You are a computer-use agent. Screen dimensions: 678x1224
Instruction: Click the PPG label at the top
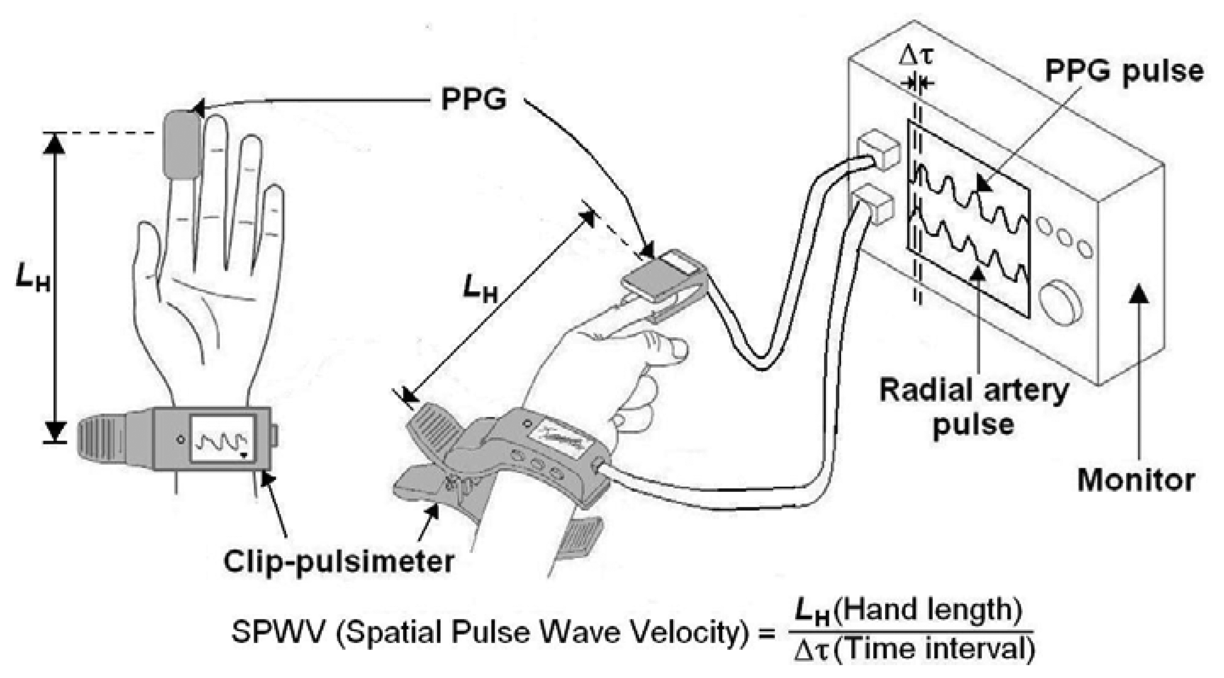pyautogui.click(x=473, y=99)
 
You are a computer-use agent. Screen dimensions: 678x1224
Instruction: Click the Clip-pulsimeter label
pyautogui.click(x=339, y=562)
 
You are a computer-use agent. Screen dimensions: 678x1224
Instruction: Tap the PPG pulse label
pyautogui.click(x=1124, y=71)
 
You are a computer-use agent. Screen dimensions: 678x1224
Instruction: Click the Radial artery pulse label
pyautogui.click(x=974, y=408)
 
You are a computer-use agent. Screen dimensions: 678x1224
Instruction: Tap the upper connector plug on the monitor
pyautogui.click(x=878, y=148)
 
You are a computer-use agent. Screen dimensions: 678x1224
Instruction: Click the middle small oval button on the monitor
pyautogui.click(x=1064, y=238)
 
